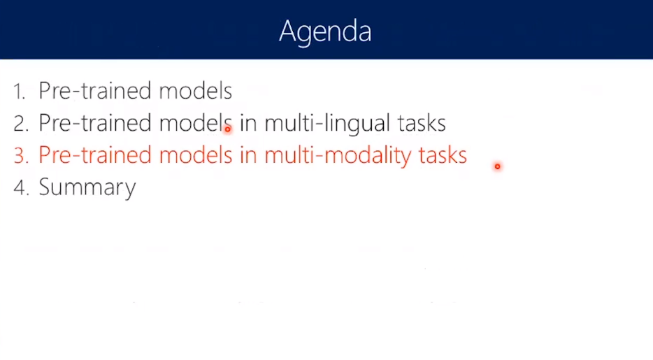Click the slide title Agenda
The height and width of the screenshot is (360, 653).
tap(325, 32)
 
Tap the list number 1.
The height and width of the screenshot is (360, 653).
tap(19, 91)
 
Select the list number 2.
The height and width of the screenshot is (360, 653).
tap(21, 124)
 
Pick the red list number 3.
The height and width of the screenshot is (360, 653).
tap(21, 155)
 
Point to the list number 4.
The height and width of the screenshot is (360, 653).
tap(21, 187)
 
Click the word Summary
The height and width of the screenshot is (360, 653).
tap(87, 188)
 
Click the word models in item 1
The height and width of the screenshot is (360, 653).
tap(195, 90)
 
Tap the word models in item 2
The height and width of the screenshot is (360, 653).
tap(195, 123)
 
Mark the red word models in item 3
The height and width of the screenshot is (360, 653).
tap(195, 154)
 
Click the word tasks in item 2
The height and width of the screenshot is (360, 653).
tap(422, 124)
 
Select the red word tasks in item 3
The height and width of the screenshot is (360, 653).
tap(443, 156)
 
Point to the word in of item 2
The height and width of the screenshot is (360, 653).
tap(248, 124)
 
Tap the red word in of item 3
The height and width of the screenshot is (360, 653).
tap(248, 156)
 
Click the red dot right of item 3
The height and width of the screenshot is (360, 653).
tap(497, 166)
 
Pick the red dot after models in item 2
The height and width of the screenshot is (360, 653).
tap(227, 129)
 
